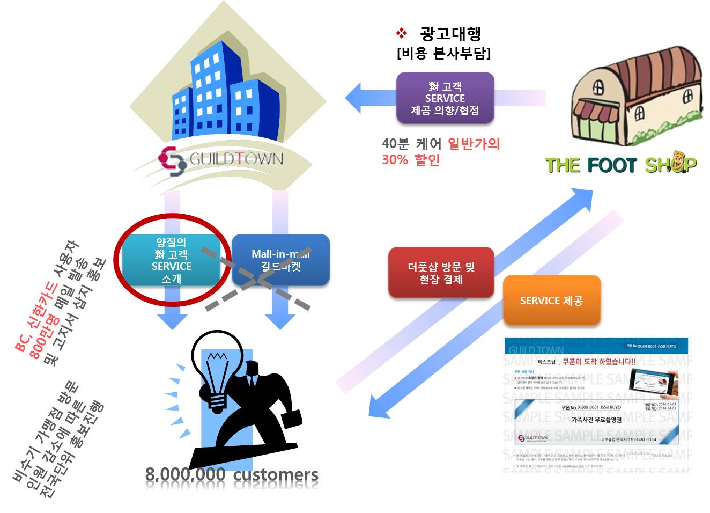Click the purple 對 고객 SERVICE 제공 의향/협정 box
point(445,98)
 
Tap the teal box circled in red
point(171,260)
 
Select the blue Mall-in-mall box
point(280,260)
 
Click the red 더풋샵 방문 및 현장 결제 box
point(441,273)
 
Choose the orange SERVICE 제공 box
point(551,301)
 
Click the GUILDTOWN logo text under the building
point(236,159)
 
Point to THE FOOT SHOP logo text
point(620,164)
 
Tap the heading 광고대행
point(450,34)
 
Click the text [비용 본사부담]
point(443,53)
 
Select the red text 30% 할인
point(411,160)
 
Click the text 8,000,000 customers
point(232,475)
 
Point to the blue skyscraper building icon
point(225,91)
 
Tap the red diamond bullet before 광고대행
point(402,34)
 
